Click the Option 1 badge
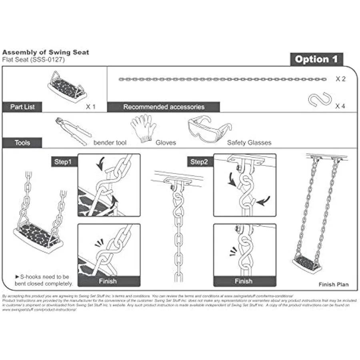click(x=316, y=59)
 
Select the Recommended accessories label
click(x=164, y=107)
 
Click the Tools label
click(x=22, y=142)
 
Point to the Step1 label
click(x=62, y=162)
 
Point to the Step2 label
click(x=199, y=162)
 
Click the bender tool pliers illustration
click(x=73, y=130)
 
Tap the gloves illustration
click(x=143, y=127)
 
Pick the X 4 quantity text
click(x=340, y=106)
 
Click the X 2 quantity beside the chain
click(x=340, y=79)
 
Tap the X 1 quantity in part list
click(x=91, y=107)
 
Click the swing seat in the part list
click(x=68, y=86)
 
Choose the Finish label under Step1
click(x=108, y=281)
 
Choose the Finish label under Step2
click(x=244, y=281)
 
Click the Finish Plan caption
click(x=333, y=284)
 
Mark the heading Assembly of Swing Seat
click(x=46, y=52)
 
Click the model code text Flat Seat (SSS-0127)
click(x=34, y=60)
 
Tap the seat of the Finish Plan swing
click(x=307, y=264)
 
